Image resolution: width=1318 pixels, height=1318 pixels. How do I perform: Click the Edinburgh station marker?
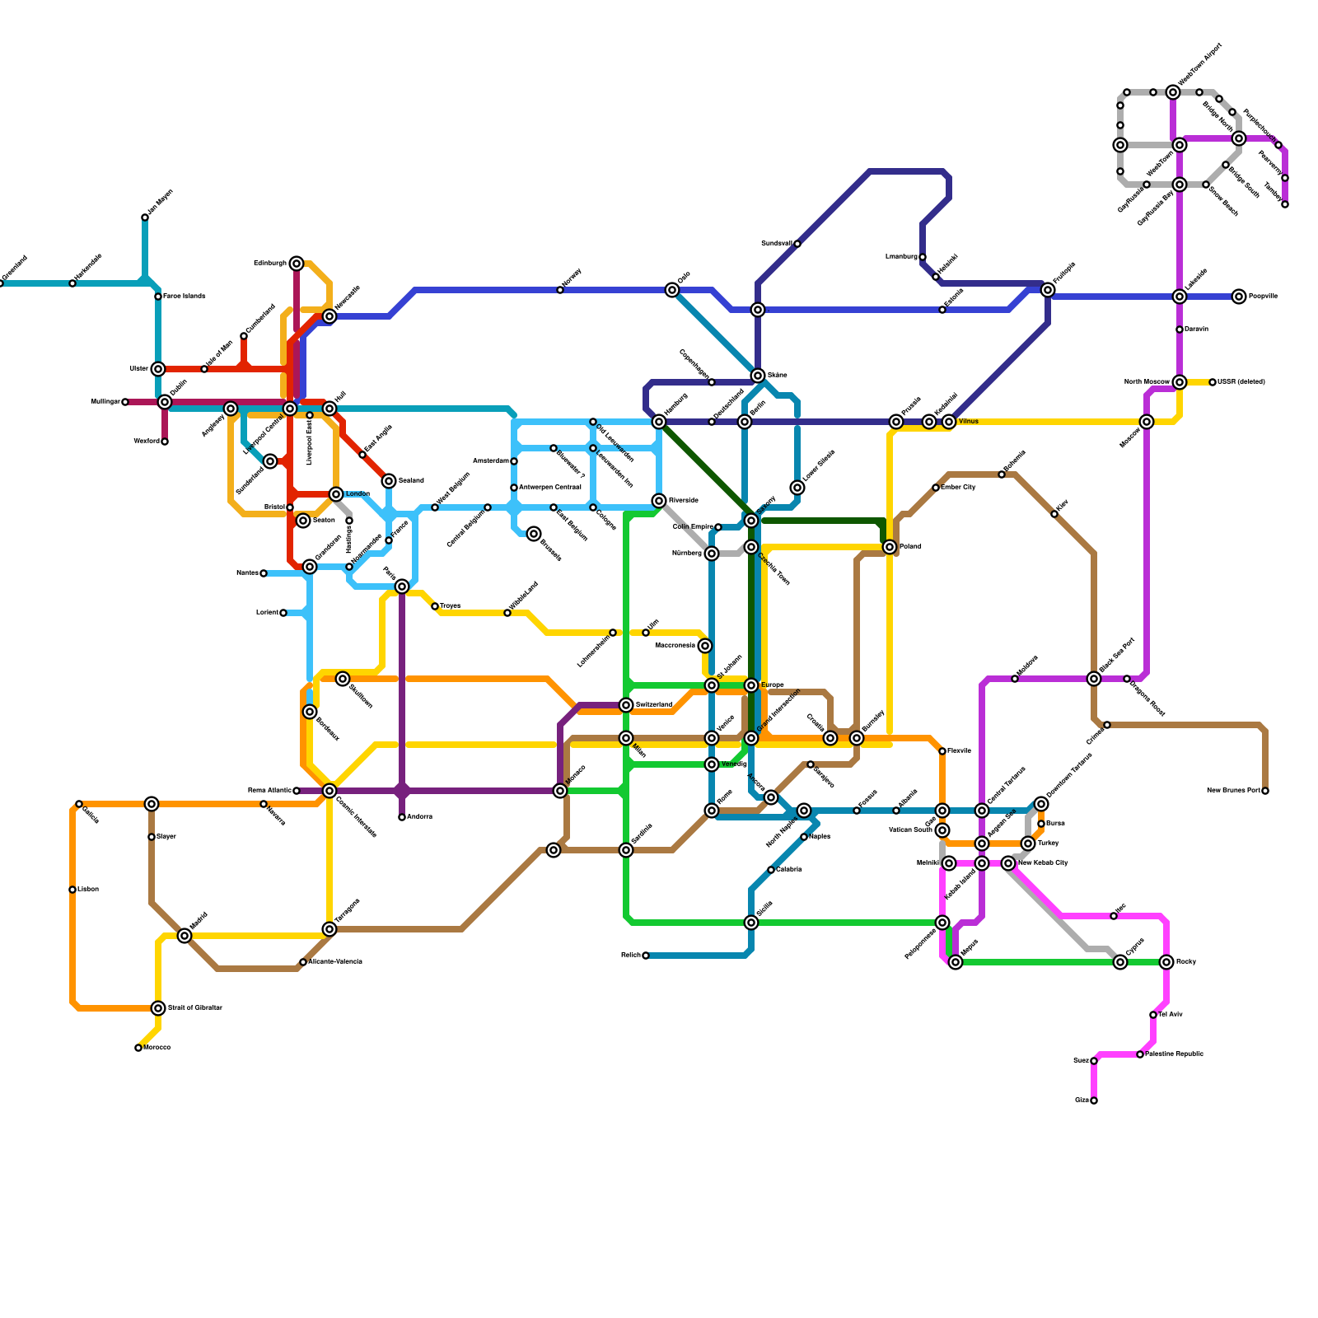point(297,264)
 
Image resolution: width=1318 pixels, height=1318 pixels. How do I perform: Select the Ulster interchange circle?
point(158,369)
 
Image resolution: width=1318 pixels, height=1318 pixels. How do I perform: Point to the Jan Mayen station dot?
point(145,217)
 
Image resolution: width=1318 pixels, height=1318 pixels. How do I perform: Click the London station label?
point(358,494)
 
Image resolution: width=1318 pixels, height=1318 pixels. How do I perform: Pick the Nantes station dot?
point(264,573)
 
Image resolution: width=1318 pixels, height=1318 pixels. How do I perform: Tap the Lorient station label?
point(267,613)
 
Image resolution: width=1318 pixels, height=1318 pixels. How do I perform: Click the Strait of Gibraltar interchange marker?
point(158,1008)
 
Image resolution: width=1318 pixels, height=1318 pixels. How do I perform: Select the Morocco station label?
point(157,1048)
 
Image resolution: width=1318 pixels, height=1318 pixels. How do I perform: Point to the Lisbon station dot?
point(72,890)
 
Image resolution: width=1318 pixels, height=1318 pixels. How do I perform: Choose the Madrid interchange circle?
point(185,936)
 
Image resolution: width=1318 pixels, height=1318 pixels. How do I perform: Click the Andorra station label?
point(419,817)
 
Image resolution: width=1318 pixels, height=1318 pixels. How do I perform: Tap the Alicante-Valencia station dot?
point(303,962)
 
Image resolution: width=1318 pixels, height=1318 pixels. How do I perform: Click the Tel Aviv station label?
point(1171,1015)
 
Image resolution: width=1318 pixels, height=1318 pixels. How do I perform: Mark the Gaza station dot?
point(1094,1101)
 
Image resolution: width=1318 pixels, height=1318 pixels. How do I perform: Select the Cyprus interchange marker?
point(1120,962)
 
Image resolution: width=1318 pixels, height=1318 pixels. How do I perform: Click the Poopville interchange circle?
point(1239,297)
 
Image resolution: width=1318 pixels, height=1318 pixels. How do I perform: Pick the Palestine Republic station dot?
point(1140,1054)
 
